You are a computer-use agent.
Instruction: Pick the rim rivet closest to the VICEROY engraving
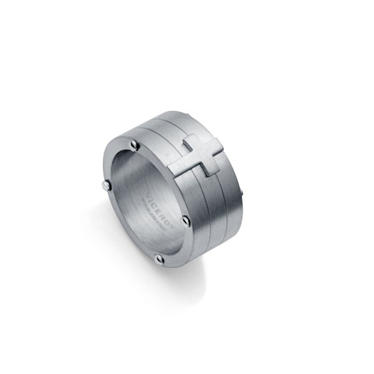185,220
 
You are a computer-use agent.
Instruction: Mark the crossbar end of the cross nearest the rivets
185,146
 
